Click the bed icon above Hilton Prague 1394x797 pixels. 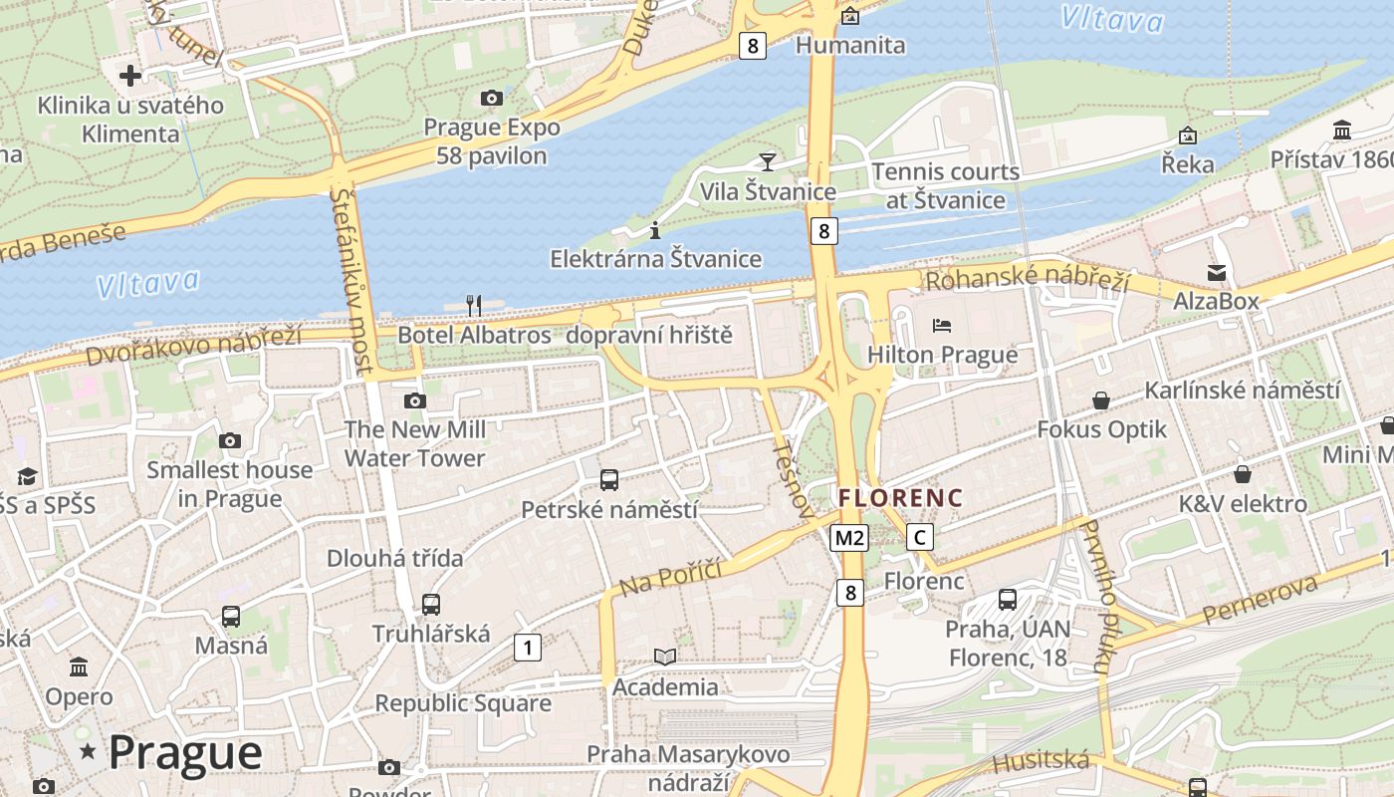pos(941,325)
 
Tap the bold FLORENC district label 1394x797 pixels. pos(900,498)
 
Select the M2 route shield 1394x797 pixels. pos(849,538)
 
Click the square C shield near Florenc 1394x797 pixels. pos(920,538)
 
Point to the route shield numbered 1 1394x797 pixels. pos(527,648)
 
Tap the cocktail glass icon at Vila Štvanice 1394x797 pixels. pos(767,161)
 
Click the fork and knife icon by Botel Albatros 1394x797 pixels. pos(474,305)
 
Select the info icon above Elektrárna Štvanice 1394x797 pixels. pos(654,230)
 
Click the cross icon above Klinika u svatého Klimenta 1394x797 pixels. pos(130,76)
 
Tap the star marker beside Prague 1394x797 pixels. pos(88,751)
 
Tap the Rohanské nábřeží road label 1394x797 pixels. pos(1028,279)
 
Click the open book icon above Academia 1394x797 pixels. pos(664,657)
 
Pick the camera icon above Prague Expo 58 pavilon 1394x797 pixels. pos(491,98)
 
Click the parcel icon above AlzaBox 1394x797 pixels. pos(1216,272)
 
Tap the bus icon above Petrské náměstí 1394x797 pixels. pos(609,480)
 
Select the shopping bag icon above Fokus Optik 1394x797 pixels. pos(1101,400)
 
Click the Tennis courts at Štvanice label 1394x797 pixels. pos(946,186)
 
